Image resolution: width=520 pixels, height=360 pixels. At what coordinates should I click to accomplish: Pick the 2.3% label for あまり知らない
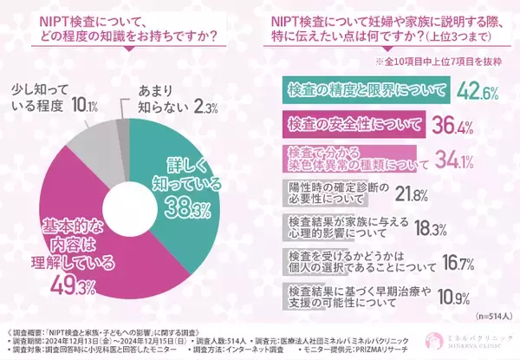pyautogui.click(x=205, y=108)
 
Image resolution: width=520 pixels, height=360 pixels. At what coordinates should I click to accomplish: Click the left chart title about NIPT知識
pyautogui.click(x=129, y=26)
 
